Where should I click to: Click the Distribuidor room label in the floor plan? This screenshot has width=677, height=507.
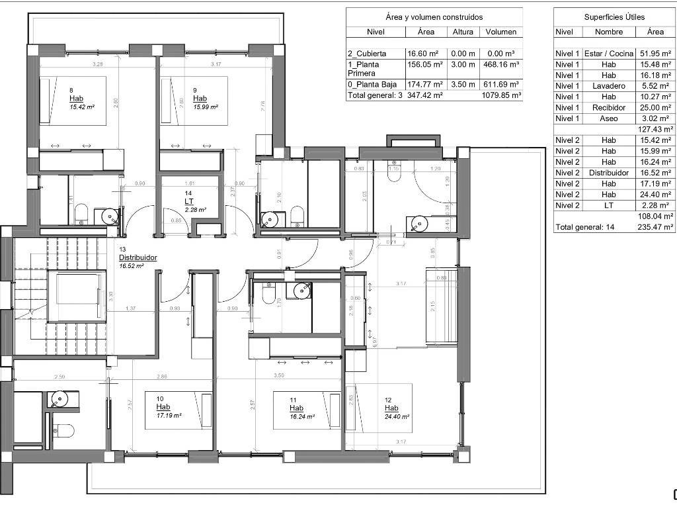pos(138,257)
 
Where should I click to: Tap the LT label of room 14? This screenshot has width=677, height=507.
pos(188,202)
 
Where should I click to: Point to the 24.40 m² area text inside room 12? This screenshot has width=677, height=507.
pos(397,417)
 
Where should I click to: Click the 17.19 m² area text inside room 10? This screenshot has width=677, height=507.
pos(169,416)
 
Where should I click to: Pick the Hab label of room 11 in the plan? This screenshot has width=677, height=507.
pos(296,408)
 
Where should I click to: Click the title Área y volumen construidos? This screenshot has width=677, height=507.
pos(434,17)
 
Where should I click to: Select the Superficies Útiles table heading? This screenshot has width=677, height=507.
pos(614,17)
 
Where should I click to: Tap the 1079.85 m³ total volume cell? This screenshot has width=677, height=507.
pos(500,95)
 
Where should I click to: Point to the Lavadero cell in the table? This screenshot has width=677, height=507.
pos(608,86)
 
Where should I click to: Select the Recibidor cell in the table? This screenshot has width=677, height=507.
pos(608,107)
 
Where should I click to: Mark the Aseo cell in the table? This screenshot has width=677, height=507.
pos(608,118)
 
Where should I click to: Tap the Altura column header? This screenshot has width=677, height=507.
pos(463,32)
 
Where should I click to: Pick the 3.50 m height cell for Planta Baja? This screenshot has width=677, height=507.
pos(463,84)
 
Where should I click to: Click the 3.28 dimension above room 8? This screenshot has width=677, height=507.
pos(98,64)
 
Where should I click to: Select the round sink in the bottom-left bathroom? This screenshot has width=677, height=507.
pos(60,399)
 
